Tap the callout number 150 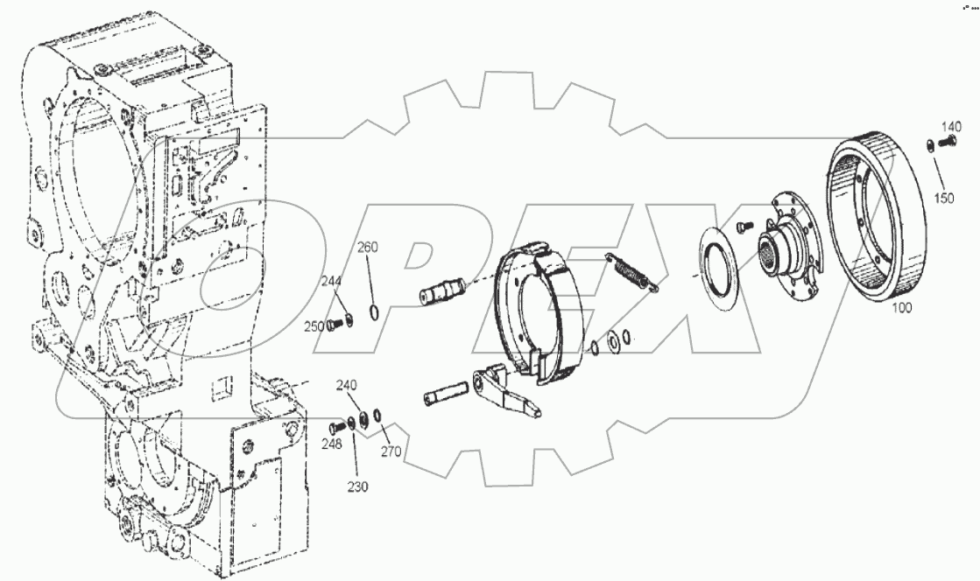point(943,198)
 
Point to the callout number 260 point(367,248)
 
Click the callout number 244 point(331,281)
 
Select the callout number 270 point(391,452)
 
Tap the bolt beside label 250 point(334,325)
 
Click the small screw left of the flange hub point(743,226)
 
